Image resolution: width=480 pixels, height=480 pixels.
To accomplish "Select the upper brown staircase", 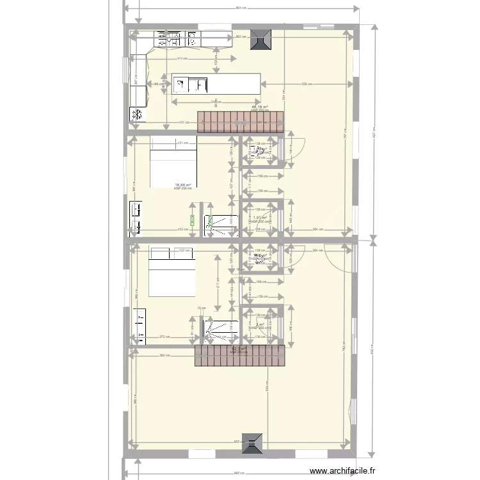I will (240, 122).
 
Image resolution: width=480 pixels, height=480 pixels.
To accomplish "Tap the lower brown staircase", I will (240, 356).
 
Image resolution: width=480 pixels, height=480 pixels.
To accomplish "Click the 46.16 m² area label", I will (259, 107).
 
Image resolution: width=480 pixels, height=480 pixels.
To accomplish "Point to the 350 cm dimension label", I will (307, 84).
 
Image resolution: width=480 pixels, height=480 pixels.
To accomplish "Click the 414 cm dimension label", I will (182, 58).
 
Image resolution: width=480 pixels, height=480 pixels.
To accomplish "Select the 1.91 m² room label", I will (259, 218).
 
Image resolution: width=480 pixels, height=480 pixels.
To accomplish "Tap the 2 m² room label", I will (259, 324).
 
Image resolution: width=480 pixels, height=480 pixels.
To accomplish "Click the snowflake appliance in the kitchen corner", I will (136, 115).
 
